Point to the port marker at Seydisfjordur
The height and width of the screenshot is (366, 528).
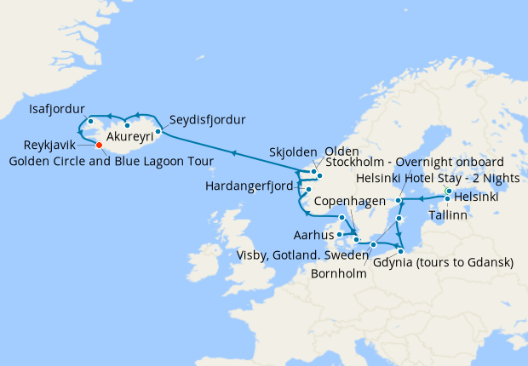(158, 132)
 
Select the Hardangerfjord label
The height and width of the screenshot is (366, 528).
(250, 186)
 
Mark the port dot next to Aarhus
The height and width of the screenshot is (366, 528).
(339, 233)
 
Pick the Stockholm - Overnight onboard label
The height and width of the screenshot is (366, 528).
(409, 162)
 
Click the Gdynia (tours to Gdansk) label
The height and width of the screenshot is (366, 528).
(443, 262)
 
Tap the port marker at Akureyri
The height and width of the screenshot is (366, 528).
(126, 126)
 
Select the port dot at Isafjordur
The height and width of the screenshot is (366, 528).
(89, 120)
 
